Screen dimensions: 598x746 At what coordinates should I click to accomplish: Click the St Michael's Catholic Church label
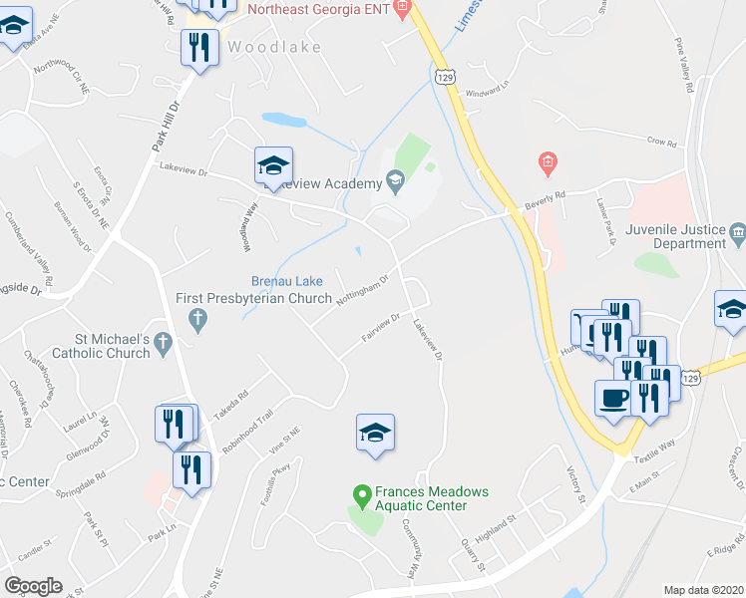pyautogui.click(x=99, y=346)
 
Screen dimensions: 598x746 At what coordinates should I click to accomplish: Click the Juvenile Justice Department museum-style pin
pyautogui.click(x=738, y=235)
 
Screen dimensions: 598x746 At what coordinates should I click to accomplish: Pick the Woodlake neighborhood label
pyautogui.click(x=262, y=47)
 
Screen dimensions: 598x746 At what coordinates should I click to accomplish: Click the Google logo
pyautogui.click(x=33, y=586)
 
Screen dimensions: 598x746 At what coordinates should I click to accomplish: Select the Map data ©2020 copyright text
pyautogui.click(x=703, y=590)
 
